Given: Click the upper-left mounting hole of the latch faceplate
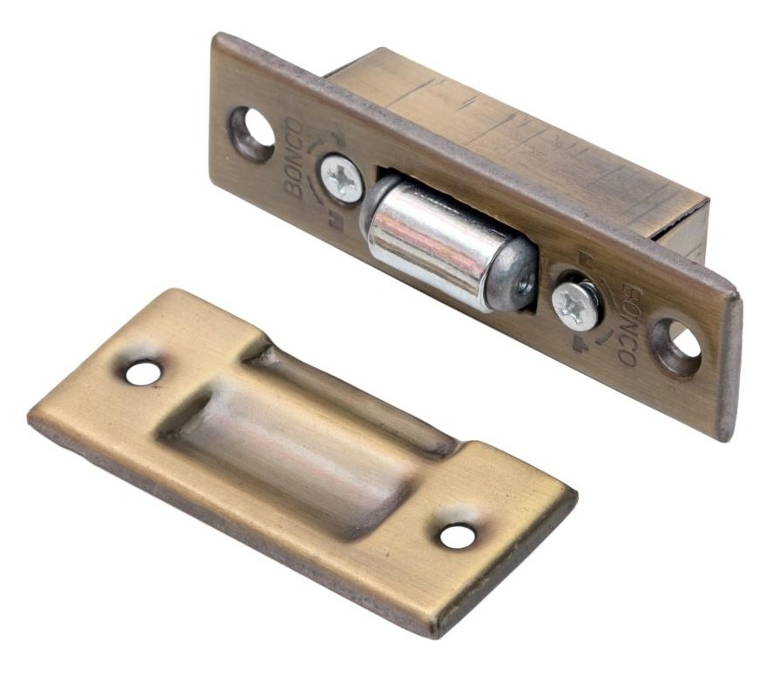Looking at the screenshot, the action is point(253,132).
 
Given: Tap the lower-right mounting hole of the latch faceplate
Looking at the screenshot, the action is point(677,346).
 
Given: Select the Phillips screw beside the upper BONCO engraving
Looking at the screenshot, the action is point(342,178).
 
